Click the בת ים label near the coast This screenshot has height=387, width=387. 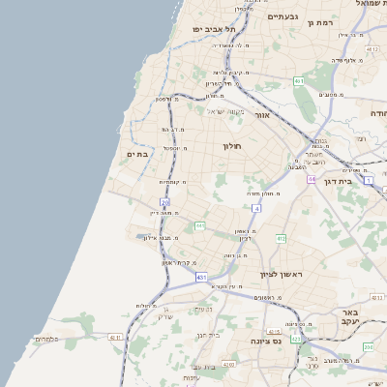(x=137, y=154)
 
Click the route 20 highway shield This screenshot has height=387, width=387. (x=165, y=202)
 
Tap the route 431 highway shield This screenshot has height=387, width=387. (x=201, y=278)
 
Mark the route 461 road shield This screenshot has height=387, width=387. (x=299, y=81)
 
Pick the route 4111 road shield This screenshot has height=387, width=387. (x=115, y=338)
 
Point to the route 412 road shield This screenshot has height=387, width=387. (x=281, y=238)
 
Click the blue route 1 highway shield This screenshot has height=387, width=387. (x=368, y=180)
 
